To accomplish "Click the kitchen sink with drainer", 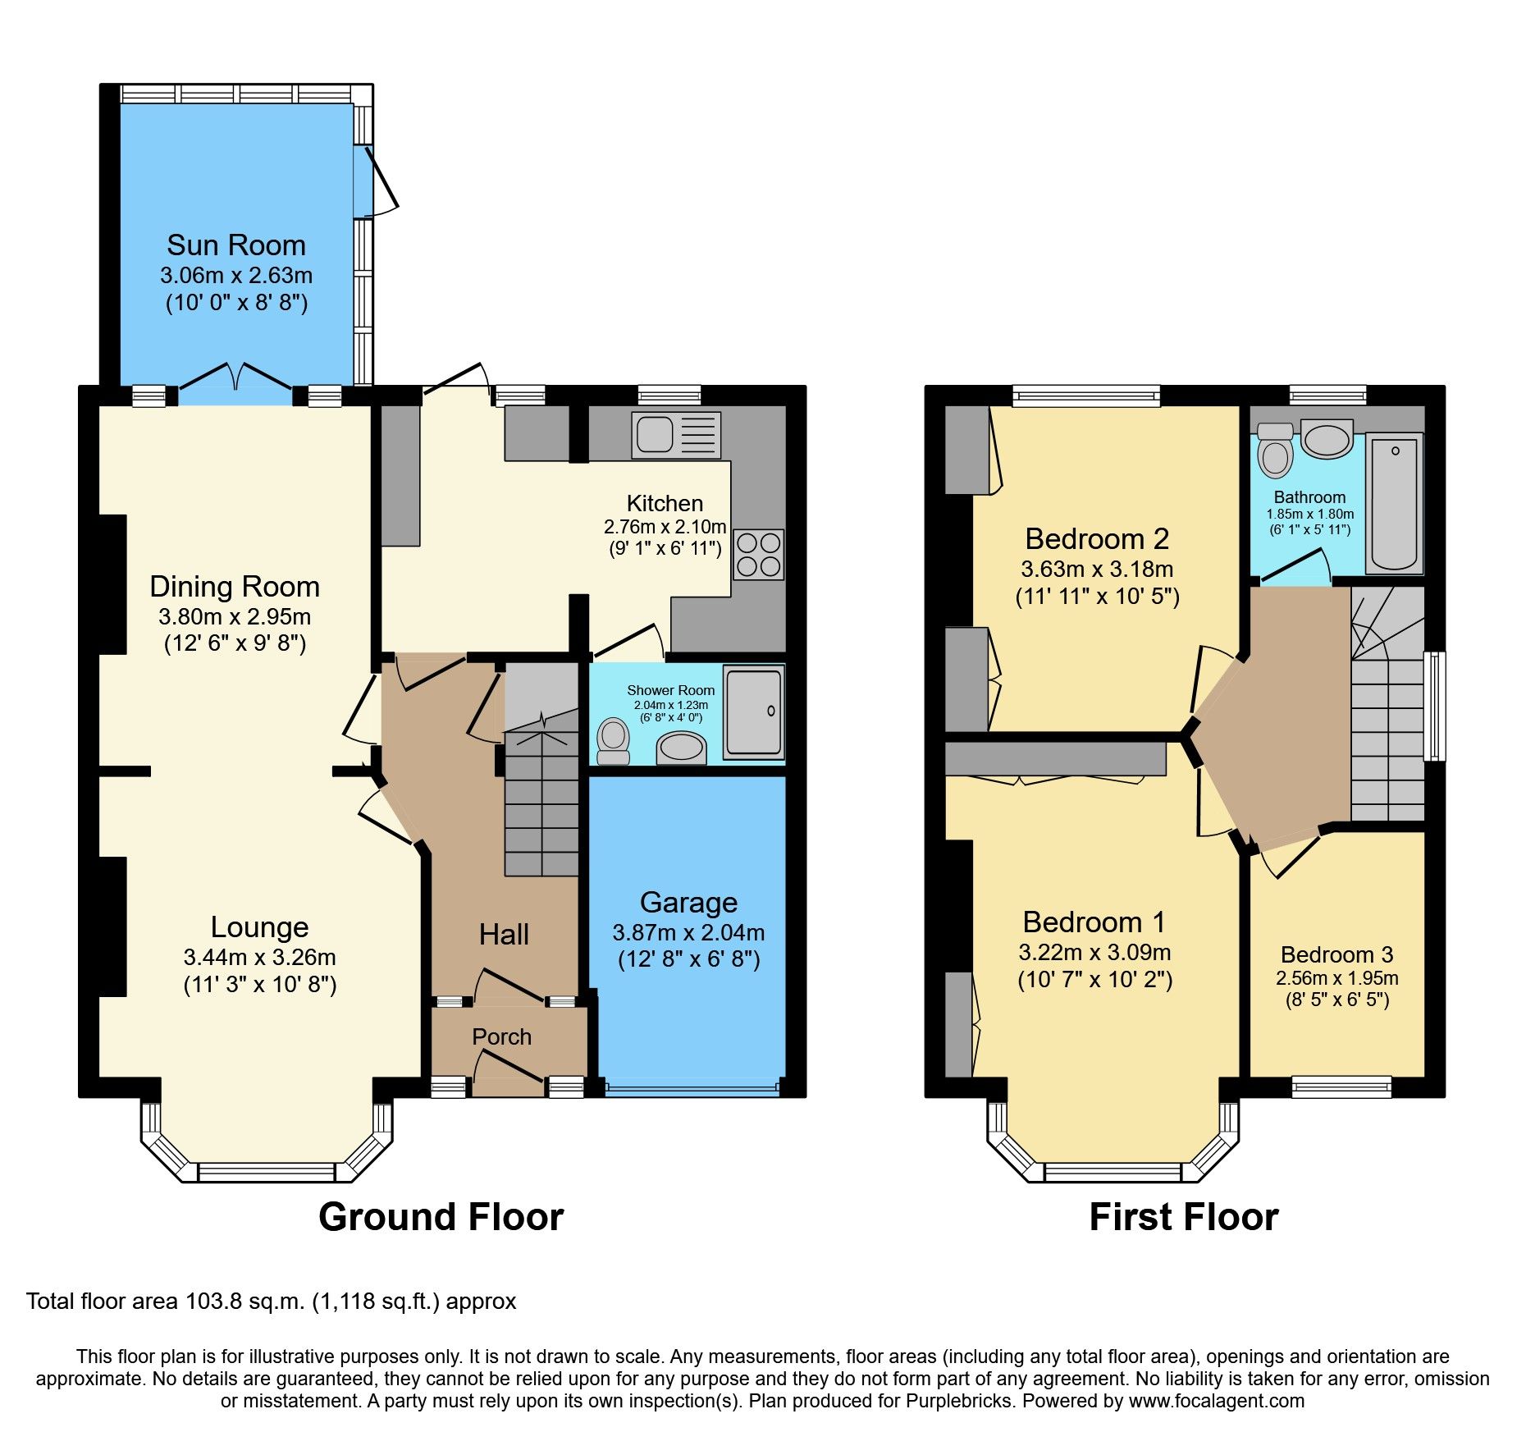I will [675, 435].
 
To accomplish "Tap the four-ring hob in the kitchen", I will [758, 555].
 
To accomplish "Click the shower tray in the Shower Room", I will [753, 711].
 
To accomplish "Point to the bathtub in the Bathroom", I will [1394, 504].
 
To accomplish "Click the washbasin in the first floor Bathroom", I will [1327, 441].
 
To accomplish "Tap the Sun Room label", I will [236, 245].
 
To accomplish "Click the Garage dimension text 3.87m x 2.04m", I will [688, 933].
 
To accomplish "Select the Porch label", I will [501, 1037].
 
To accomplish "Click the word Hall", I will [504, 935].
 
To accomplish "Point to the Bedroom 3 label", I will [1336, 955].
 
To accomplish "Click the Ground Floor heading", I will [441, 1217].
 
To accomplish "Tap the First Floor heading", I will [1183, 1217].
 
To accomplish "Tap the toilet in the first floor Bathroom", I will [1275, 451].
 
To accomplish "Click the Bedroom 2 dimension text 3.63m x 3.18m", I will [1097, 569].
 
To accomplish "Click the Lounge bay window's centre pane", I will [267, 1173].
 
